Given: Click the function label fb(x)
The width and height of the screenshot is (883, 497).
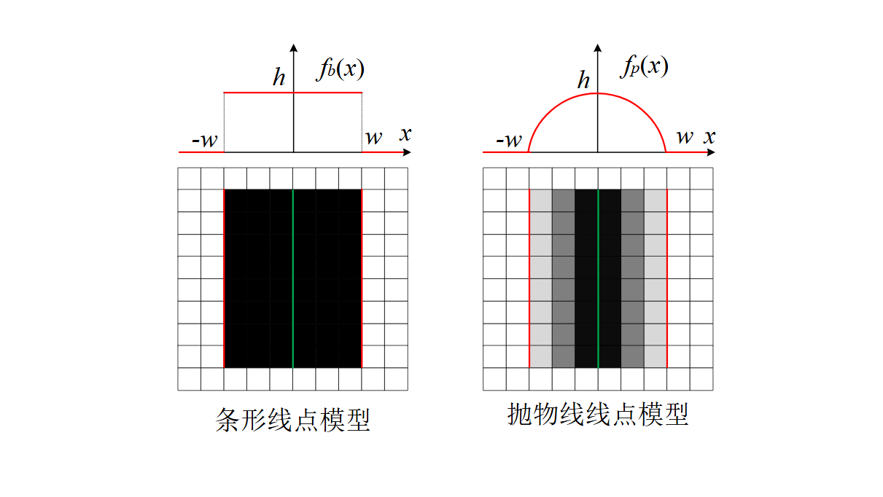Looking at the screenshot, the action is [x=340, y=69].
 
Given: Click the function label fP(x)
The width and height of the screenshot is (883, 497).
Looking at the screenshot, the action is [x=644, y=67].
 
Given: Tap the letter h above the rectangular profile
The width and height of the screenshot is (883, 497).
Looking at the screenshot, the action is [x=279, y=78].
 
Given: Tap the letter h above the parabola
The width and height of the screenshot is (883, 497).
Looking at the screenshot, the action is [x=583, y=80].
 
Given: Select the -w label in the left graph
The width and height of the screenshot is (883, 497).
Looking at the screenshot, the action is [x=204, y=140].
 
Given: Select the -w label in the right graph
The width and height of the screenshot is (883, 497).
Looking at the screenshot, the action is [x=508, y=140].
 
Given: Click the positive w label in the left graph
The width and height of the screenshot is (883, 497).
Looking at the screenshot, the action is [x=373, y=138].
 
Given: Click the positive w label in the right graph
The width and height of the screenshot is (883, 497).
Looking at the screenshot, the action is [x=685, y=137].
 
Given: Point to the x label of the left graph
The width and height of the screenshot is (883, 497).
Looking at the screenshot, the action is [x=405, y=134].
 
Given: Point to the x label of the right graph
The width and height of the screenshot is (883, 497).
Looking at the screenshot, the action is [x=709, y=136].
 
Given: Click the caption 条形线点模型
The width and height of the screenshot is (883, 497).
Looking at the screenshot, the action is [x=293, y=420].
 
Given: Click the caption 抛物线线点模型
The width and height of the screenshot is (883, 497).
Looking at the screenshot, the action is [x=597, y=415].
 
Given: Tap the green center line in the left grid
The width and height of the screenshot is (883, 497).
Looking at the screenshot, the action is [x=293, y=277].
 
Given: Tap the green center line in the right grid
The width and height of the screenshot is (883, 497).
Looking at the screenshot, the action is [x=598, y=277].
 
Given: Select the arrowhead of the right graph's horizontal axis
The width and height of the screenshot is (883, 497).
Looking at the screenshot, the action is [x=711, y=152].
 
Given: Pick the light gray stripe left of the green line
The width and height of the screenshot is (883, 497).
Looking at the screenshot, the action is [x=540, y=277].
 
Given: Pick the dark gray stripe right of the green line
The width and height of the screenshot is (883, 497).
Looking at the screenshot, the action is [x=632, y=277].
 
